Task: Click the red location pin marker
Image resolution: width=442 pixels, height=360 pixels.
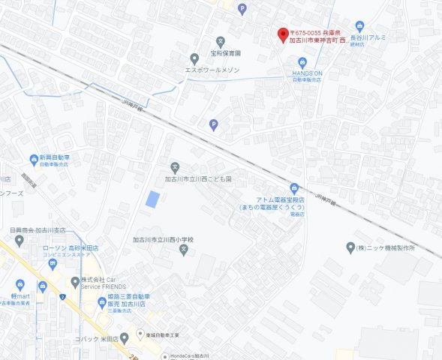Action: pos(282,34)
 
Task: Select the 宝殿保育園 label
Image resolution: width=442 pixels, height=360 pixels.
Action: pos(225,54)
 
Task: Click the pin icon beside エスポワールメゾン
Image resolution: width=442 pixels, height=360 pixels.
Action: pos(194,58)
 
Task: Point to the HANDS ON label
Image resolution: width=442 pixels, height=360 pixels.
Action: pos(306,73)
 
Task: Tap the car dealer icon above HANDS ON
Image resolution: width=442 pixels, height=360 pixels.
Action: pos(302,61)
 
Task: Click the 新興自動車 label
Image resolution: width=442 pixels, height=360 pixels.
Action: pos(50,158)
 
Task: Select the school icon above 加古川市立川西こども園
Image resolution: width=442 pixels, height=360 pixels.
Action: pos(175,166)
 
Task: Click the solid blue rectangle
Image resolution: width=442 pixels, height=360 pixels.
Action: pos(152,199)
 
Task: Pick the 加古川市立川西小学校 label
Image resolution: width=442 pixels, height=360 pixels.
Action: pos(164,240)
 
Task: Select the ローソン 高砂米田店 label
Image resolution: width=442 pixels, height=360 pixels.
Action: pos(71,247)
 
